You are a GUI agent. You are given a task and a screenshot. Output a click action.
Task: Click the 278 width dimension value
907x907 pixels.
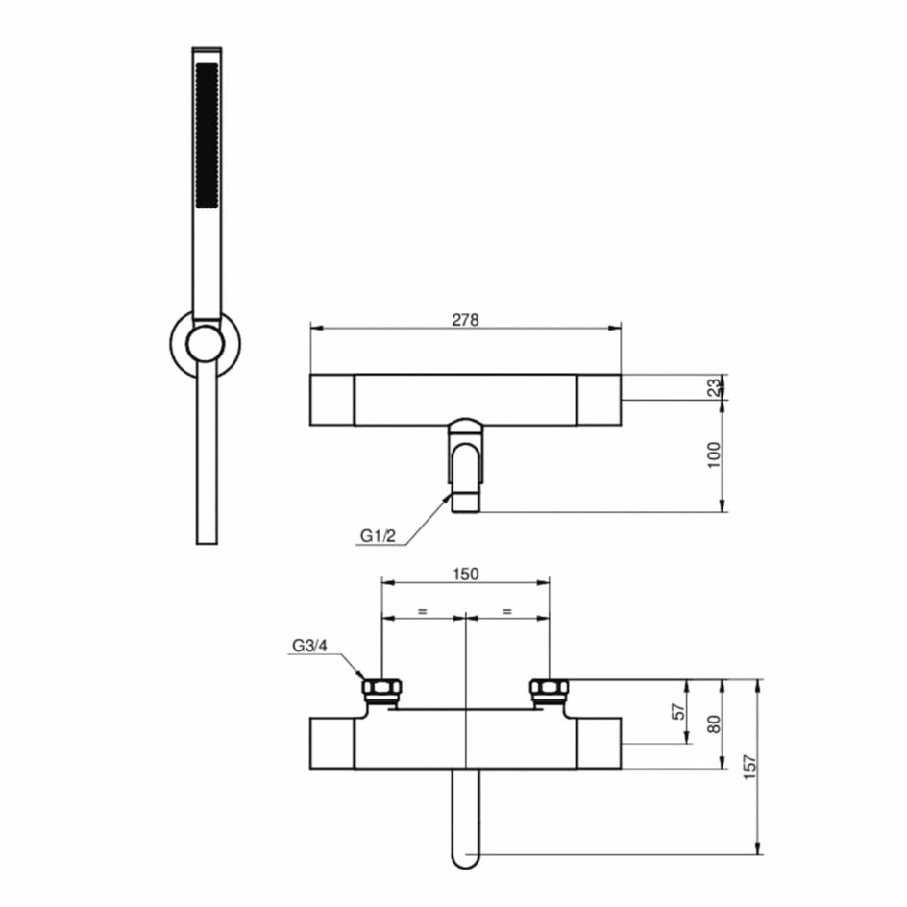[465, 319]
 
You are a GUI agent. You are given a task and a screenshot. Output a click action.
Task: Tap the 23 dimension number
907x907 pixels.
[715, 386]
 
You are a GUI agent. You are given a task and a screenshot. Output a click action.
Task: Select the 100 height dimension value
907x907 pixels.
[715, 454]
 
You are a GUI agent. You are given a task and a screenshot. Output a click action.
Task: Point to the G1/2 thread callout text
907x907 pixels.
[378, 536]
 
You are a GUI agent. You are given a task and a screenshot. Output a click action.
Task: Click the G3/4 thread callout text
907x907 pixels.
[309, 646]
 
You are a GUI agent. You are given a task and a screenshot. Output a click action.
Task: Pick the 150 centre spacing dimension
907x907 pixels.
[466, 574]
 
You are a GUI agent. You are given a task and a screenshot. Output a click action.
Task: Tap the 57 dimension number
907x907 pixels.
[681, 710]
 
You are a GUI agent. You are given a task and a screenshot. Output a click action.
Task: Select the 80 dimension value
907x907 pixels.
[715, 724]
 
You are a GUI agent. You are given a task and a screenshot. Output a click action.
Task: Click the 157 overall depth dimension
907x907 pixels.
[749, 767]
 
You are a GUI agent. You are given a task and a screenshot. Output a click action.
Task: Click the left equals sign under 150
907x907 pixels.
[423, 611]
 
